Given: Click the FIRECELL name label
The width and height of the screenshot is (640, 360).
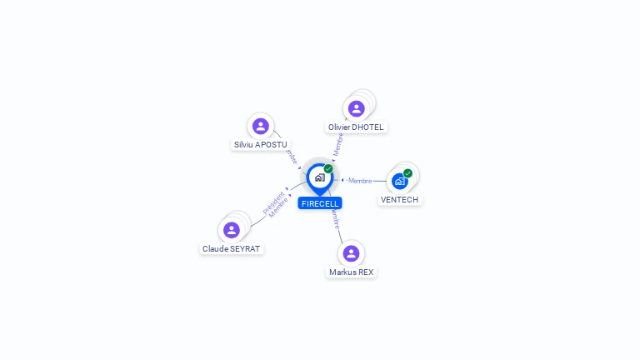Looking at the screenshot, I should click(320, 203).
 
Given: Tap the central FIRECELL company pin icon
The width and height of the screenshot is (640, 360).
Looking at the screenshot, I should click(319, 177).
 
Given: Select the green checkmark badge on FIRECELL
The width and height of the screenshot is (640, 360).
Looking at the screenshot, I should click(328, 169).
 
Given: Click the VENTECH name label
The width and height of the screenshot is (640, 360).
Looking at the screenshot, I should click(399, 200).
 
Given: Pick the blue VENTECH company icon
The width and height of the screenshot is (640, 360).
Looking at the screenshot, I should click(400, 181).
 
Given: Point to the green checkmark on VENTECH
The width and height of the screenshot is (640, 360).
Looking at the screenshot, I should click(407, 173).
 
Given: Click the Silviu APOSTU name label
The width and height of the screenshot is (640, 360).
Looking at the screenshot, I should click(261, 144).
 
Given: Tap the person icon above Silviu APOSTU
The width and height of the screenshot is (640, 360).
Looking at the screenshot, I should click(261, 126).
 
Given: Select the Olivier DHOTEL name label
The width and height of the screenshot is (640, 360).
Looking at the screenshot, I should click(357, 127).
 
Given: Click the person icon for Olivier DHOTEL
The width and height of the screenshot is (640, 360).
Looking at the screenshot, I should click(357, 108).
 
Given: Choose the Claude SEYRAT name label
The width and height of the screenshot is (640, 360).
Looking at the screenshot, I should click(232, 248).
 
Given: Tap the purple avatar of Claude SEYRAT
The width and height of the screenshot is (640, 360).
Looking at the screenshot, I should click(232, 230).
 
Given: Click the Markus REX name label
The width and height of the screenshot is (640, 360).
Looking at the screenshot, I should click(352, 272).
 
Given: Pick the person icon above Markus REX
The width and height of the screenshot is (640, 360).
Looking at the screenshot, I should click(352, 252).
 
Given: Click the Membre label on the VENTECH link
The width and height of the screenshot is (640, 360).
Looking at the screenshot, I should click(360, 181).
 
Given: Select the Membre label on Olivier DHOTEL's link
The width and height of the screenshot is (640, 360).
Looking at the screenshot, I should click(338, 144).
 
